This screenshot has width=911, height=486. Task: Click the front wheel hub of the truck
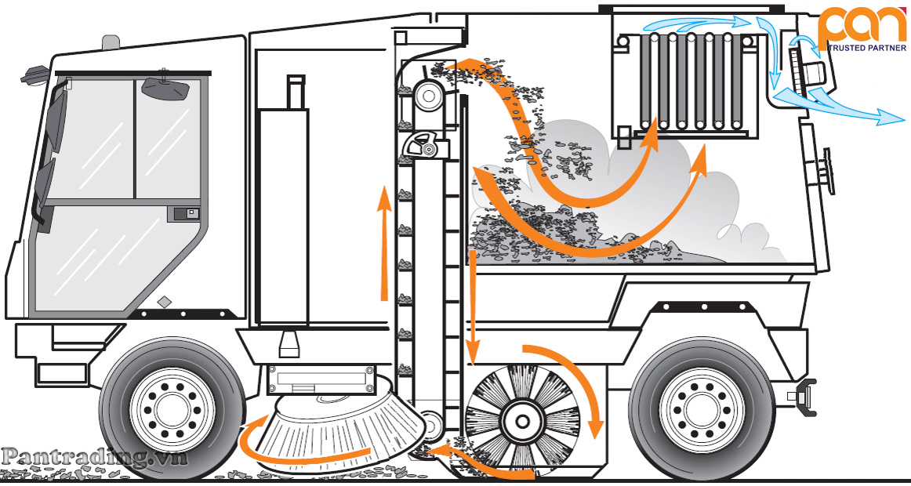pos(172,409)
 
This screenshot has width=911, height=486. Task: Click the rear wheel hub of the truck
pos(702,409)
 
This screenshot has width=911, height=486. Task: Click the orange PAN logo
pos(862,26)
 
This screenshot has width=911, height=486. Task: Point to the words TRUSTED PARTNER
pos(866,48)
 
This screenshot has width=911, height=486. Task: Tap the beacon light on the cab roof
pos(111,42)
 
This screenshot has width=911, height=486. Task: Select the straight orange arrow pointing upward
pos(383,243)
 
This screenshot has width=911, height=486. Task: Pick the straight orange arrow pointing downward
pos(473,308)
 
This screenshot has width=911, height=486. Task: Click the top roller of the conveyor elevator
pos(429,95)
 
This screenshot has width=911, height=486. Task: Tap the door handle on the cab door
pos(185,214)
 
